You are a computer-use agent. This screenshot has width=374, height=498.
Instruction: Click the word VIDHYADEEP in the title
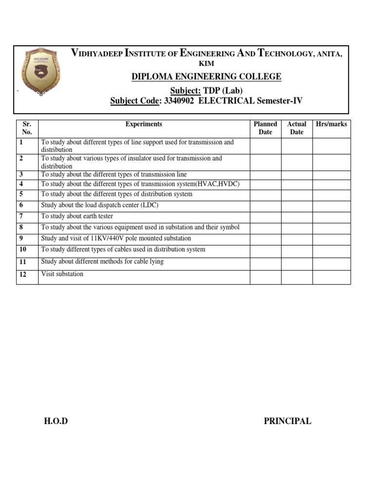pos(97,53)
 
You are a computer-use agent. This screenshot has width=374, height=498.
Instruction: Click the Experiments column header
pos(144,124)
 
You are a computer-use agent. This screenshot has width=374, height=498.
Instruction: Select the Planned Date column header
pos(265,128)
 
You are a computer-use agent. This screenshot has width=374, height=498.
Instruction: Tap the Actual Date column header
pos(297,128)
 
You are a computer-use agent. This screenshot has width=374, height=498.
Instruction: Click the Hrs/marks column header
pos(331,124)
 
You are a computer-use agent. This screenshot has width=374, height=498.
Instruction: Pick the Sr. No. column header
pos(27,128)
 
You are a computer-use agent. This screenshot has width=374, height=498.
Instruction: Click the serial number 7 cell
pos(21,216)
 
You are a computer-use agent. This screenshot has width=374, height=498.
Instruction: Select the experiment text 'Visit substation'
pos(62,274)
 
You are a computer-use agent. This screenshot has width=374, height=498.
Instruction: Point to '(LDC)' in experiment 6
pos(150,205)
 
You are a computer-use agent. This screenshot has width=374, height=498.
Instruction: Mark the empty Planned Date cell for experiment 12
pos(265,277)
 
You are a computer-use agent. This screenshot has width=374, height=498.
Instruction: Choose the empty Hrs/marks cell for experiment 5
pos(331,195)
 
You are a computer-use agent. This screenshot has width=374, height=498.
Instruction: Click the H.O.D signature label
pos(56,421)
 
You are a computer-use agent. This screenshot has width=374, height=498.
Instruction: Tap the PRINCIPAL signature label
pos(287,421)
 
